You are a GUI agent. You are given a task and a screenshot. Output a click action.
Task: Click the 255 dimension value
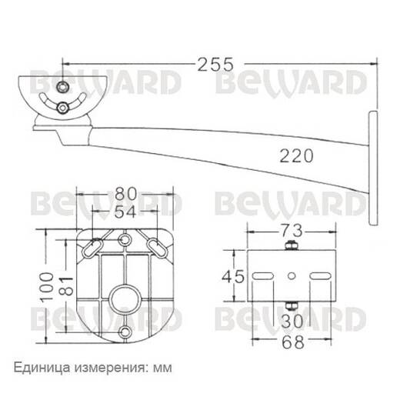click(215, 65)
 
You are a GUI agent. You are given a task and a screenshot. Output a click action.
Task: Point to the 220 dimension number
click(296, 156)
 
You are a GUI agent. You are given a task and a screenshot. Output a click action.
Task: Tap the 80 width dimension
click(125, 194)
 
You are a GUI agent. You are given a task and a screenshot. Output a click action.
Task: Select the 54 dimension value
click(125, 212)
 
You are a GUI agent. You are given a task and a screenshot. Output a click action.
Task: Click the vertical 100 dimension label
click(47, 287)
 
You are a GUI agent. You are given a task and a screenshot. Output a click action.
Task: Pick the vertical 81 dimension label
click(66, 286)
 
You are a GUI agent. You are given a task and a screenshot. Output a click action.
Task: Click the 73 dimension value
click(292, 231)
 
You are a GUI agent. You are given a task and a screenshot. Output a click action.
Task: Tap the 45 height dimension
click(233, 277)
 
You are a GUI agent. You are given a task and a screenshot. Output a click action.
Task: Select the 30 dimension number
click(292, 322)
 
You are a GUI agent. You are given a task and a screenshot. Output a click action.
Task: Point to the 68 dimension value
click(293, 342)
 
